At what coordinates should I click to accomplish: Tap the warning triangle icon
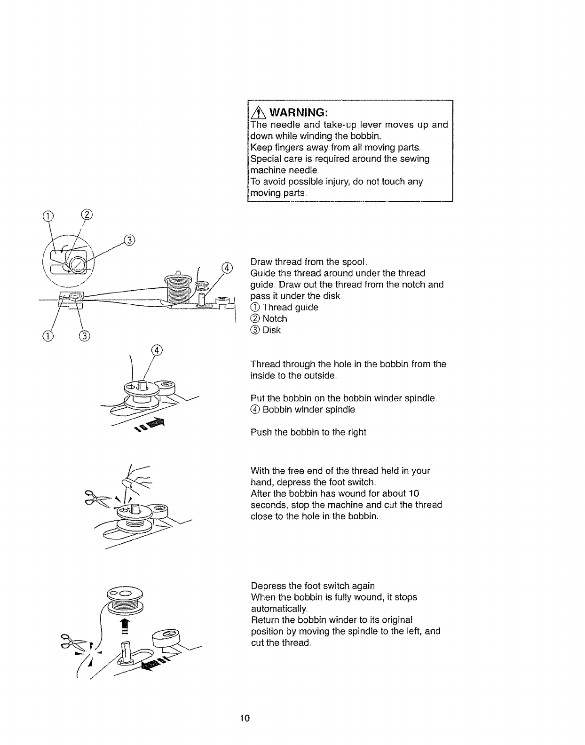257,112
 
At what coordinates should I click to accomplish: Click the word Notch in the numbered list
275,318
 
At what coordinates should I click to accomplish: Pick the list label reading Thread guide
290,307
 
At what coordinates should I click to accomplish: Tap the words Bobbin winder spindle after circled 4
308,409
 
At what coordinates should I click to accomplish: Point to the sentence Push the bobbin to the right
308,432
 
